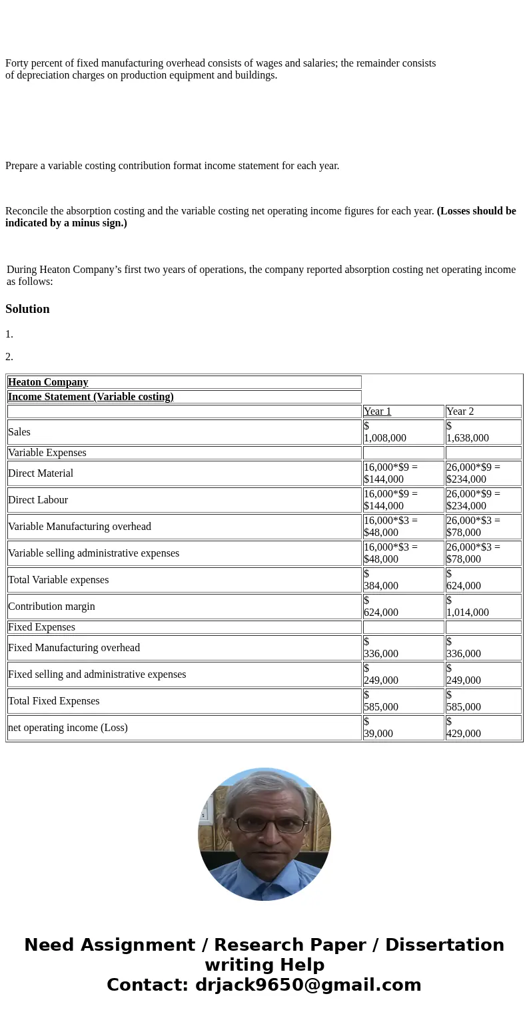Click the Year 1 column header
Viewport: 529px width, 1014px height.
378,411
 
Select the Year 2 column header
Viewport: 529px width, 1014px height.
460,411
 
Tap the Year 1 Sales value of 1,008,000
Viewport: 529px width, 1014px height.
384,437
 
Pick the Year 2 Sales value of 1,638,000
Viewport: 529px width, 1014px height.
467,437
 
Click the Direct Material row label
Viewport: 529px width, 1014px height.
41,473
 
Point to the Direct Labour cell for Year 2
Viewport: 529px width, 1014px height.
473,500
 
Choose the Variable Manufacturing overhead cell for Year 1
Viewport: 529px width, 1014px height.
390,527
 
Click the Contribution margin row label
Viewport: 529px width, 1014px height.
51,607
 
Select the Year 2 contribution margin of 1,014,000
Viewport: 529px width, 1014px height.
467,612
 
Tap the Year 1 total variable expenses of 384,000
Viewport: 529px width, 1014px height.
381,585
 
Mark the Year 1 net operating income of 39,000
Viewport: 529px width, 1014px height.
378,733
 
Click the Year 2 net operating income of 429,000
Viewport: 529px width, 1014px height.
464,733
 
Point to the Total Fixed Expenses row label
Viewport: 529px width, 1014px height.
53,701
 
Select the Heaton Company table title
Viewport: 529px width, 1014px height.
48,382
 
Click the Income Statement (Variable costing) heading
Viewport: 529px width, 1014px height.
91,397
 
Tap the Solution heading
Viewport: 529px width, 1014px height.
27,309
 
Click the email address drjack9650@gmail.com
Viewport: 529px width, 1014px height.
308,985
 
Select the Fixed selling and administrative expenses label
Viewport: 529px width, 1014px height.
97,674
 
